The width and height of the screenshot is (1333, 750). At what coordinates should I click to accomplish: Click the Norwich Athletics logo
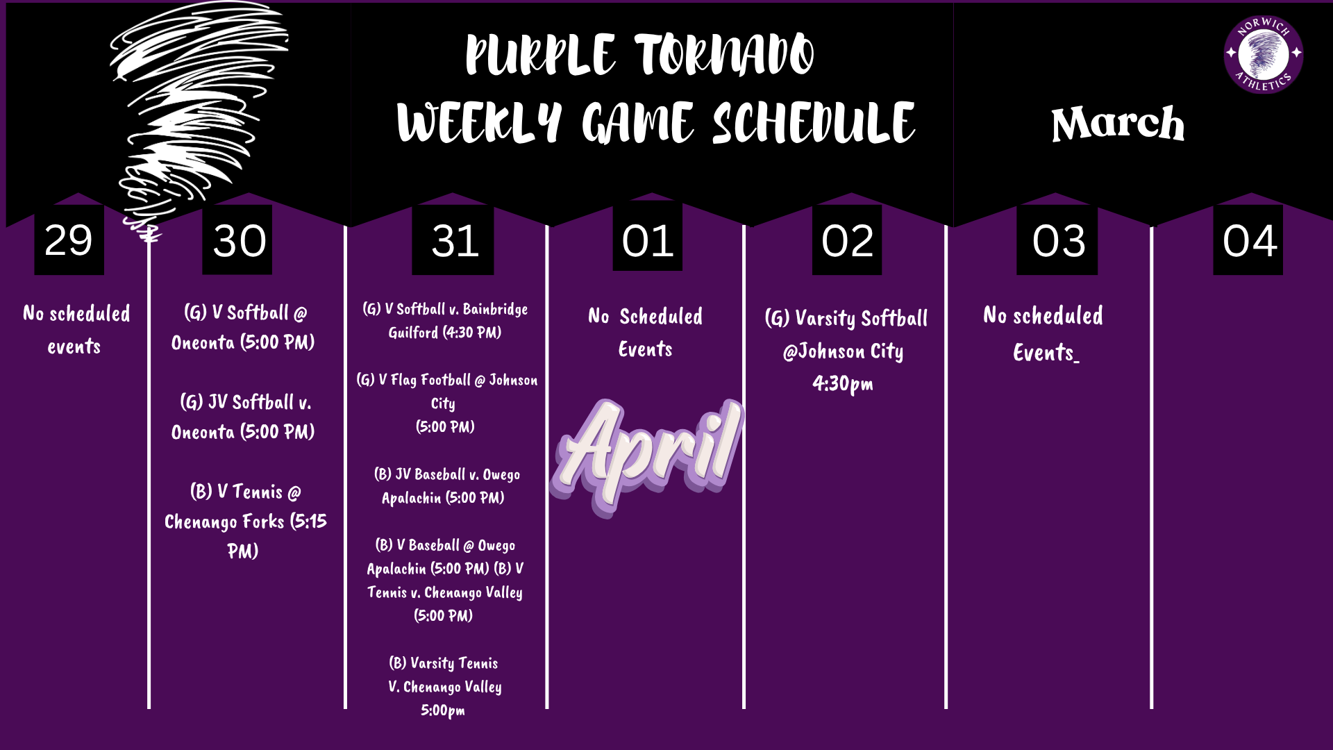click(x=1263, y=54)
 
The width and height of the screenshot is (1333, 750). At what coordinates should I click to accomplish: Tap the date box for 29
click(x=69, y=240)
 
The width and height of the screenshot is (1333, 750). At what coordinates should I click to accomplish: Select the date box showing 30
click(x=237, y=240)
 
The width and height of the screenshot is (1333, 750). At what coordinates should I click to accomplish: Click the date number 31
click(x=454, y=240)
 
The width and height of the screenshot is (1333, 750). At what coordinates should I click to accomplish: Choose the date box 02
click(x=847, y=240)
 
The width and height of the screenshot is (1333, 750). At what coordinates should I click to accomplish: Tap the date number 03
click(x=1057, y=240)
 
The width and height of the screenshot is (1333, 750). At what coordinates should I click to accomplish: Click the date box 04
click(x=1248, y=240)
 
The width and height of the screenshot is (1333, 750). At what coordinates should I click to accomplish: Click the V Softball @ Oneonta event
click(x=243, y=327)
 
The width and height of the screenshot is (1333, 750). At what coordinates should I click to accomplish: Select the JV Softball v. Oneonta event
click(x=243, y=417)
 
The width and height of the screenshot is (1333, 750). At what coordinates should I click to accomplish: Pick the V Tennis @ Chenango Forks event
click(x=244, y=521)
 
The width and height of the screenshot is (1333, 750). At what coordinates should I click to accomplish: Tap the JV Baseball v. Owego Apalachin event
click(x=446, y=486)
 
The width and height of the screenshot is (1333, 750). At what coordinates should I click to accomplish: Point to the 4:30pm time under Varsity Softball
click(x=843, y=383)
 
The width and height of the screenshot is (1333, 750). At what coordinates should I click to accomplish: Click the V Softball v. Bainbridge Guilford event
click(x=445, y=320)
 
